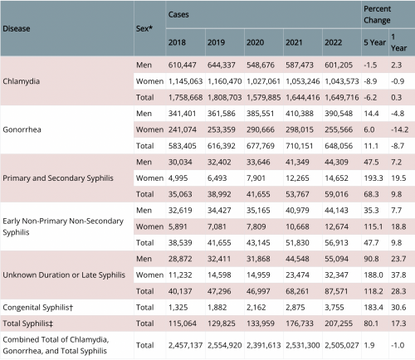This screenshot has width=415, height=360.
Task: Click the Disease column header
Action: pos(17,28)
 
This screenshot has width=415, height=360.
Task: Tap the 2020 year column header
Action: pos(255,42)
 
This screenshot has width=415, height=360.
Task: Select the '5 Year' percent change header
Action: pos(374,42)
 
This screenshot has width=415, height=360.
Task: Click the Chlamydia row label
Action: pos(22,81)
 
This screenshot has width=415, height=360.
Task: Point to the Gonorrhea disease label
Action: pos(22,129)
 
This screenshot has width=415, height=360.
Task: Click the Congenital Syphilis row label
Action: pos(38,308)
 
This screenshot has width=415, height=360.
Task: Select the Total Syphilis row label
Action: pos(27,324)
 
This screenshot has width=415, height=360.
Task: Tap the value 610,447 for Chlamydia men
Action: pos(182,65)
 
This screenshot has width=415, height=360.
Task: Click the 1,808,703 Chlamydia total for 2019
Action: pos(224,97)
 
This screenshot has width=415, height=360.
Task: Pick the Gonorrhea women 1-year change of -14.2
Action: pos(399,129)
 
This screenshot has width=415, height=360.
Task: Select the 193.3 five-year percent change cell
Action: pos(373,178)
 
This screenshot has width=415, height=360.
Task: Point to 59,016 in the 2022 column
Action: pos(336,194)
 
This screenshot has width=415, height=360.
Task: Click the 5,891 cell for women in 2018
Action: pos(178,226)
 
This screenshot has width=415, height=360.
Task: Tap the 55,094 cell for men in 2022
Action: pos(336,259)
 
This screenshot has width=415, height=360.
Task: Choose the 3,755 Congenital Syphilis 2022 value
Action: pos(334,308)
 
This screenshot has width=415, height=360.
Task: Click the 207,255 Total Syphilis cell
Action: pos(339,324)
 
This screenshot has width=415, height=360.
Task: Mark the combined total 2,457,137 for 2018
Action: pos(185,345)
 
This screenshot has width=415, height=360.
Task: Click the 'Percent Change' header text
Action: pos(377,14)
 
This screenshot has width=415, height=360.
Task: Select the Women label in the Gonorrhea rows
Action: pos(149,129)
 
